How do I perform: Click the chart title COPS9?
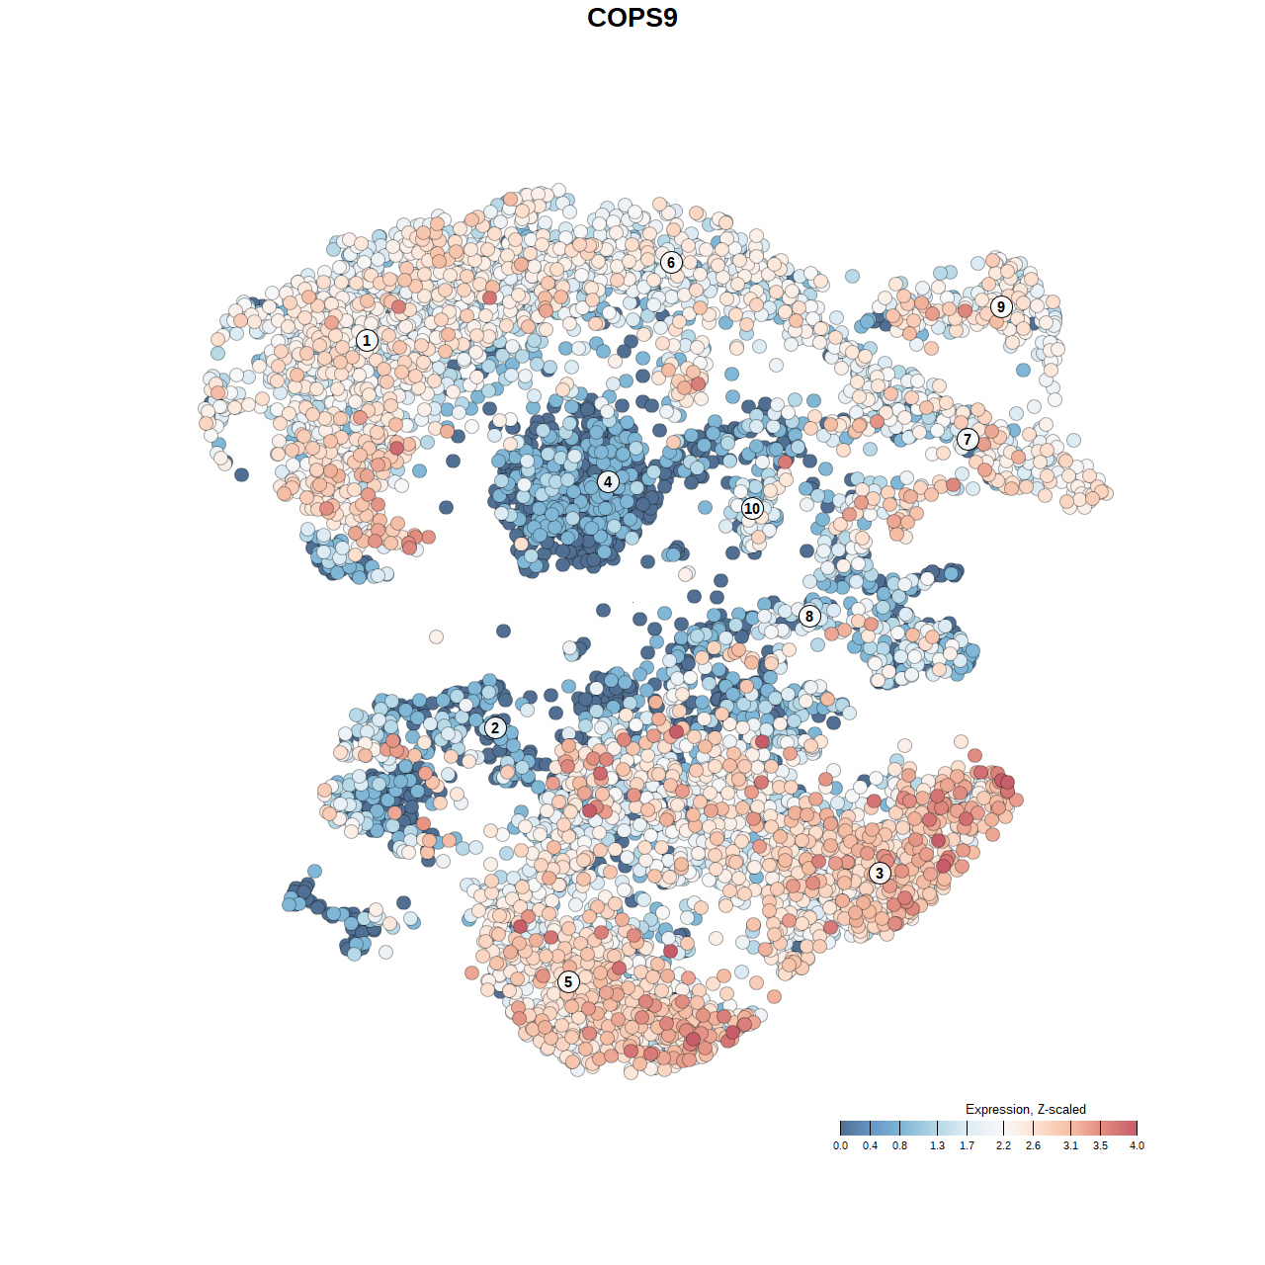click(x=632, y=18)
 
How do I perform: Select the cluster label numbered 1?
click(x=367, y=340)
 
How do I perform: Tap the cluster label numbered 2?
click(x=494, y=728)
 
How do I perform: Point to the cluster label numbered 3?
click(x=879, y=873)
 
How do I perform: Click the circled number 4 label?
click(x=608, y=482)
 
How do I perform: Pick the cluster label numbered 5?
click(x=567, y=981)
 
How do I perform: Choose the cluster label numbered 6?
click(x=671, y=262)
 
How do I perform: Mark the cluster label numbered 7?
click(x=968, y=439)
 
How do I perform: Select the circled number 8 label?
click(x=809, y=617)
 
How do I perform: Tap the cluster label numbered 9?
click(x=1001, y=306)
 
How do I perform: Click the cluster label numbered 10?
click(x=752, y=509)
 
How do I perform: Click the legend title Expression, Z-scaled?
click(x=1025, y=1109)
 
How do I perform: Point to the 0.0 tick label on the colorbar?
click(x=840, y=1145)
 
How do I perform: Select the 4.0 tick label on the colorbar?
click(x=1137, y=1145)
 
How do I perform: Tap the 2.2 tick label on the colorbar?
click(x=1003, y=1145)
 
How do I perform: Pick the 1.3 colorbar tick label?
click(x=937, y=1145)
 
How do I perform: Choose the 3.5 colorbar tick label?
click(x=1100, y=1145)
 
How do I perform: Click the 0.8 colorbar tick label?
click(x=899, y=1145)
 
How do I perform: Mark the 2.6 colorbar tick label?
click(x=1033, y=1145)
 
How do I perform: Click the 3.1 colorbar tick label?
click(x=1070, y=1145)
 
